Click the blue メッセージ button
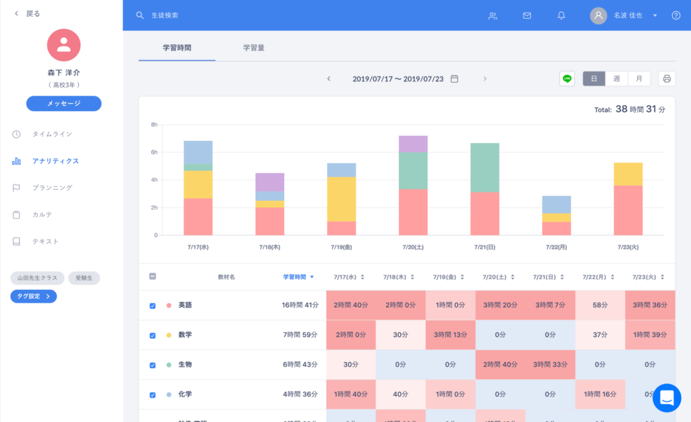point(63,104)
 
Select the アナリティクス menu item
point(55,161)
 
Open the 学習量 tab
point(254,48)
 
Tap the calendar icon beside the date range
point(454,79)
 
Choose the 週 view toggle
point(616,79)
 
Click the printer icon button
point(667,79)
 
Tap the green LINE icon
point(567,79)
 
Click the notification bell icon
point(561,16)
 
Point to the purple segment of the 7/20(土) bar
point(413,144)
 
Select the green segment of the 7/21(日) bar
point(485,168)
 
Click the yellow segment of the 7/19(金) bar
point(341,199)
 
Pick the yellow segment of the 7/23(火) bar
point(628,174)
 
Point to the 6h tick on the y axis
point(154,152)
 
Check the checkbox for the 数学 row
point(153,335)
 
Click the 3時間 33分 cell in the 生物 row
point(550,365)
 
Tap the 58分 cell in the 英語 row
point(600,305)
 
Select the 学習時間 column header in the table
point(298,277)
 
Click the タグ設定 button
point(33,296)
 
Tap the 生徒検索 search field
point(202,16)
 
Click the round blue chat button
point(667,398)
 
